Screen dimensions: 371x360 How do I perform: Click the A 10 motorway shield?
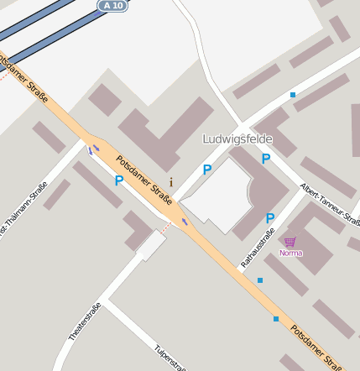point(113,6)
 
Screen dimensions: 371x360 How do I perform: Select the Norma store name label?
point(290,253)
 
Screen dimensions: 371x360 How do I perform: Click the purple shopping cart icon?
point(290,242)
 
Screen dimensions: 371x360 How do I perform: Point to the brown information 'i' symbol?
point(171,182)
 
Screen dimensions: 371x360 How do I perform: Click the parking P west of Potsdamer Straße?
point(118,180)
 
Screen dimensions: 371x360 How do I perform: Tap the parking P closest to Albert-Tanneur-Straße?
point(266,159)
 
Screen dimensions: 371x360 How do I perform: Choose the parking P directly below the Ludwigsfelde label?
point(207,170)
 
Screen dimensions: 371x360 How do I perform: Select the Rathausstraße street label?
point(258,241)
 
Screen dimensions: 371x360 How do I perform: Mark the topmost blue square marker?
point(293,95)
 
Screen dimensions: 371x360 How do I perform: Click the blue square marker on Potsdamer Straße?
point(276,319)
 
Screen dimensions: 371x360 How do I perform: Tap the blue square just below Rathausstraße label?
point(260,280)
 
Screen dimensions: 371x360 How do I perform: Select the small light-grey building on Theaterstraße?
point(151,246)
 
